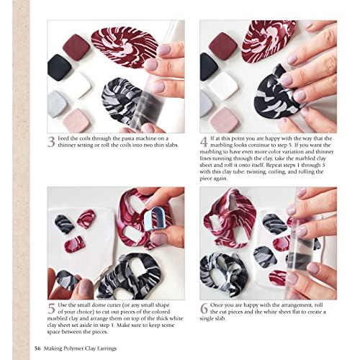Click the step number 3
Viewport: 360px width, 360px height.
[52, 142]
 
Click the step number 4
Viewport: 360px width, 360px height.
[204, 142]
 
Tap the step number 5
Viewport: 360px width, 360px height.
[52, 310]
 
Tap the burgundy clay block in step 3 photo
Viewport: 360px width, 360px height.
[76, 48]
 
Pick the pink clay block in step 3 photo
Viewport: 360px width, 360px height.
[76, 120]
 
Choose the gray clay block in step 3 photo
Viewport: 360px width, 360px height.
[58, 104]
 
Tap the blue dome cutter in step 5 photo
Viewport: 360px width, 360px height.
[154, 220]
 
